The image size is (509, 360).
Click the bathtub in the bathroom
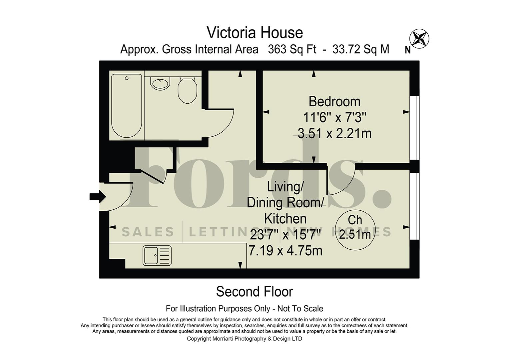(x=127, y=106)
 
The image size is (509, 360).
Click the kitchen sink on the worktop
(x=157, y=255)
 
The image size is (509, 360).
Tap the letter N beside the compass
(x=407, y=50)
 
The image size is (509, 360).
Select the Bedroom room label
(x=334, y=101)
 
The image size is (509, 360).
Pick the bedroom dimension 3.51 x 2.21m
(x=334, y=134)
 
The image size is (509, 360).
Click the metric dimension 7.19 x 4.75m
(x=285, y=250)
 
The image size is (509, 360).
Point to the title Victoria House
(x=254, y=33)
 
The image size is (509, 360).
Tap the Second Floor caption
(x=254, y=292)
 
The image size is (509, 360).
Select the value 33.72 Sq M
(x=361, y=49)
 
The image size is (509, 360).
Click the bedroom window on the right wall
(x=414, y=128)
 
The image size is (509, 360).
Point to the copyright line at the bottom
(x=244, y=339)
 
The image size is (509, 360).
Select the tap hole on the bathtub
(x=127, y=78)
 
